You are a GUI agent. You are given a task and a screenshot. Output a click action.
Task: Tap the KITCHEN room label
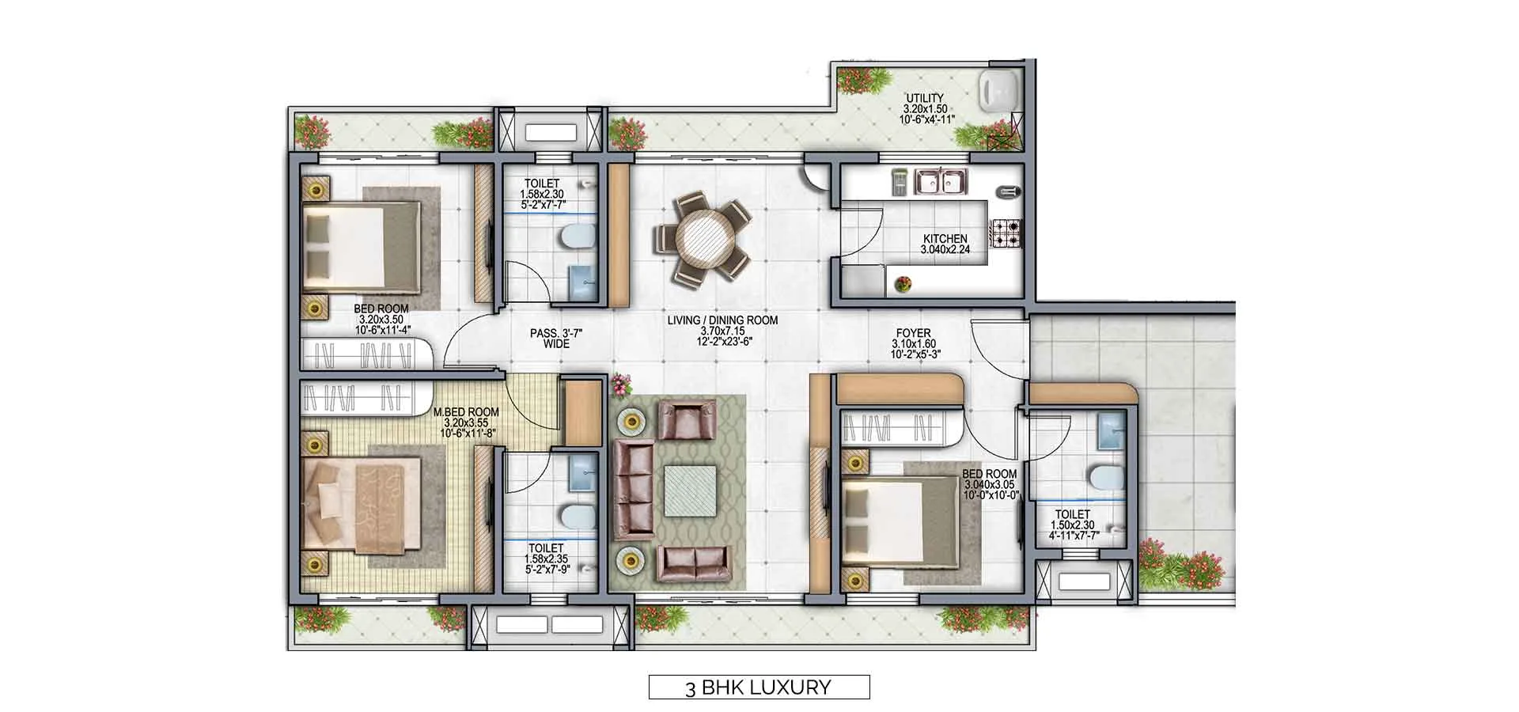click(945, 238)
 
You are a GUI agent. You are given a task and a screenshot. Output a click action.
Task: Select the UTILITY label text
click(924, 98)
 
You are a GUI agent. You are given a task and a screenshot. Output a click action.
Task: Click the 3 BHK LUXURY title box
click(759, 687)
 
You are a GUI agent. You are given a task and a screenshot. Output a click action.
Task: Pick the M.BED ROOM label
click(466, 412)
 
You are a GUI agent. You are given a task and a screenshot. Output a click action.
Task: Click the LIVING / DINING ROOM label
click(722, 320)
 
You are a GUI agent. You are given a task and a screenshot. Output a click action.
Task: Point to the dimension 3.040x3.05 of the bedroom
click(989, 485)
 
